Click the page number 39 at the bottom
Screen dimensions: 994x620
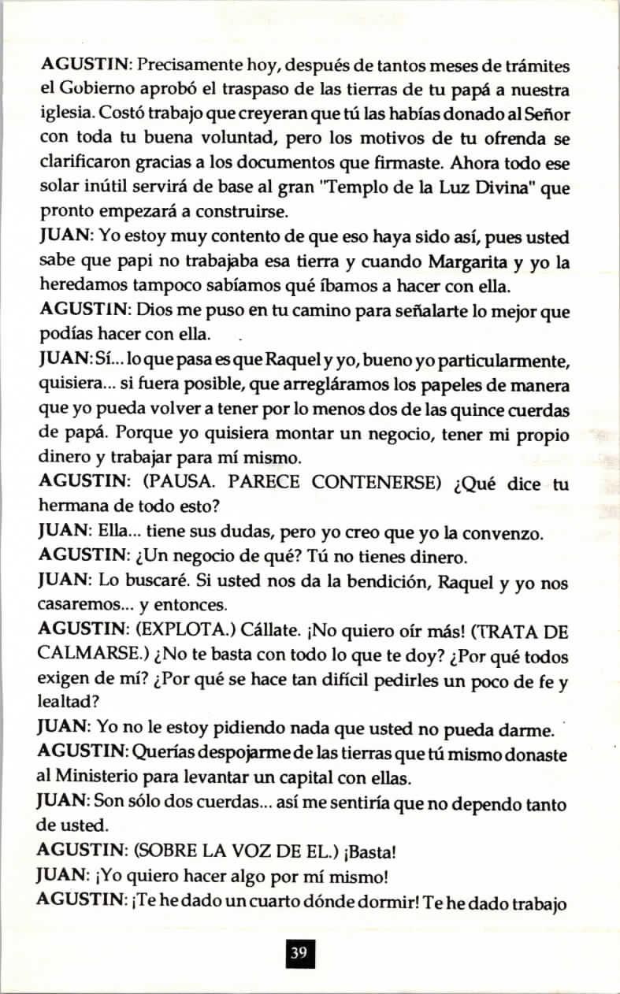(299, 953)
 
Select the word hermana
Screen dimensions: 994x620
(74, 507)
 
